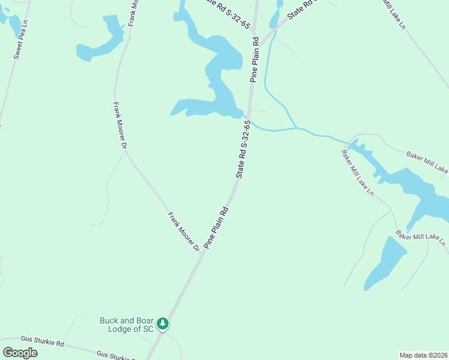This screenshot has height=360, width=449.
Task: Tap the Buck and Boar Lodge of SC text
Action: point(127,325)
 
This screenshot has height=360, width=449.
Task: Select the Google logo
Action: point(20,353)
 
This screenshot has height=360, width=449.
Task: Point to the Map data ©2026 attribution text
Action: point(423,355)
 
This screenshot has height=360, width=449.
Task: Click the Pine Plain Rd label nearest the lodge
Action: point(217,228)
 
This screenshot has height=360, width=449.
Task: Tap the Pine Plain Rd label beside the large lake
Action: point(255,59)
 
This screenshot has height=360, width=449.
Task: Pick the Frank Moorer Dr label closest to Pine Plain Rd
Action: point(183,231)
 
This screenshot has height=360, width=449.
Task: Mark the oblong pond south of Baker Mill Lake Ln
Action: point(385,263)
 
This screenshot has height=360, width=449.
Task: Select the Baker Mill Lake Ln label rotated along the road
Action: point(358,173)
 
